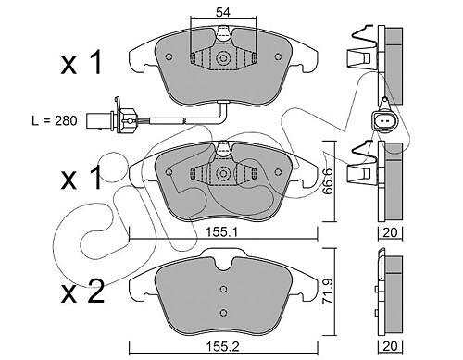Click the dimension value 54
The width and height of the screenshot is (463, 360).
223,12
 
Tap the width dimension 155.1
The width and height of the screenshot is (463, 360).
222,232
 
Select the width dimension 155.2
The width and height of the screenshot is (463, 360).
222,346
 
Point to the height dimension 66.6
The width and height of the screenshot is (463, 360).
327,181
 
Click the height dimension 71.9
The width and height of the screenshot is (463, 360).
327,292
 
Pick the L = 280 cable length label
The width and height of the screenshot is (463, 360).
55,120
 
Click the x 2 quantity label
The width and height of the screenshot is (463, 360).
82,292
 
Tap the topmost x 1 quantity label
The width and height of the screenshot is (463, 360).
81,63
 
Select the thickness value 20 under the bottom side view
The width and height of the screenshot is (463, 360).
390,346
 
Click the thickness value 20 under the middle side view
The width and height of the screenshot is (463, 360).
390,232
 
